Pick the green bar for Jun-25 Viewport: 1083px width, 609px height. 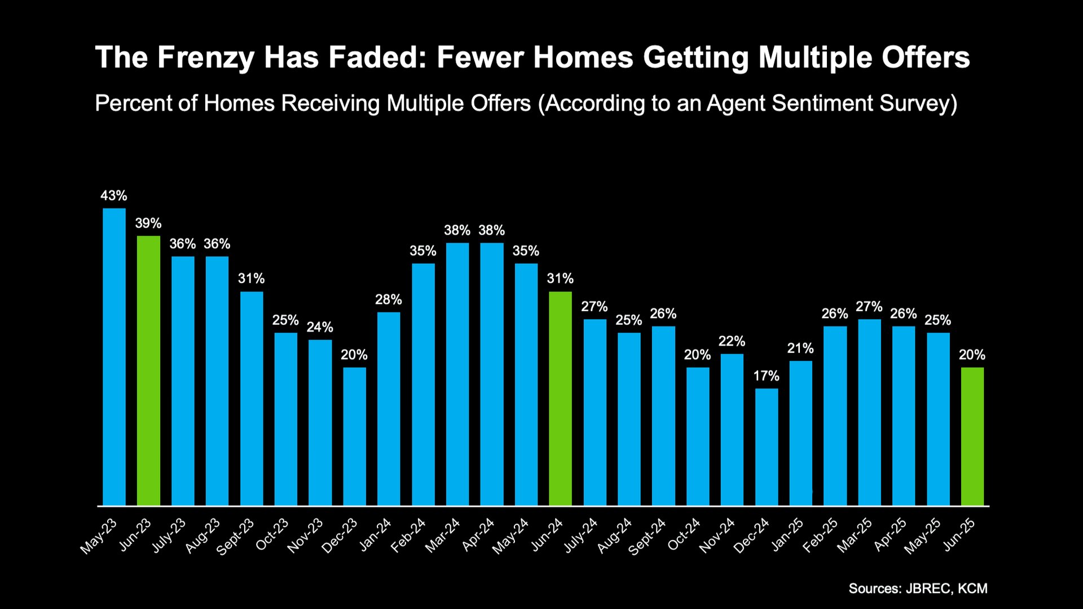pyautogui.click(x=972, y=436)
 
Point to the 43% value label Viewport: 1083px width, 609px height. pyautogui.click(x=114, y=196)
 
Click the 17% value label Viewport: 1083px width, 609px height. pyautogui.click(x=766, y=376)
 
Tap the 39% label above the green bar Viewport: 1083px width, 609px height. pyautogui.click(x=148, y=223)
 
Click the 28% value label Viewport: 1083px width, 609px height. pyautogui.click(x=389, y=299)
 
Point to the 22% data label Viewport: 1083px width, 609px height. pyautogui.click(x=732, y=341)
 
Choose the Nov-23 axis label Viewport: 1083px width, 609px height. pyautogui.click(x=305, y=535)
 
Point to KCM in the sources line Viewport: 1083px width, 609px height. pyautogui.click(x=973, y=589)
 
